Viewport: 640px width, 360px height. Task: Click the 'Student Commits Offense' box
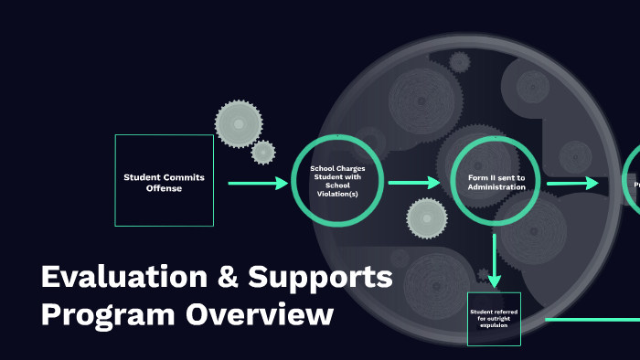pos(165,180)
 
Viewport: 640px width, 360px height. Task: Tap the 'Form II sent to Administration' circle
pos(496,181)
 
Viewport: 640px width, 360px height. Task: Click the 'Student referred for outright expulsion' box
pos(494,319)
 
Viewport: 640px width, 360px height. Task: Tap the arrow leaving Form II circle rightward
pos(571,183)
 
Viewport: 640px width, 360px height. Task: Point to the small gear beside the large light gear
pos(263,152)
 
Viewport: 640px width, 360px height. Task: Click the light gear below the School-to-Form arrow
pos(426,217)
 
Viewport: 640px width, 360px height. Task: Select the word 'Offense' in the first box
pos(165,188)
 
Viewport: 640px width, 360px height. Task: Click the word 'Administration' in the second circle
pos(496,187)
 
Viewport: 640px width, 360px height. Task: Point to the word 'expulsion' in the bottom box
pos(494,323)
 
